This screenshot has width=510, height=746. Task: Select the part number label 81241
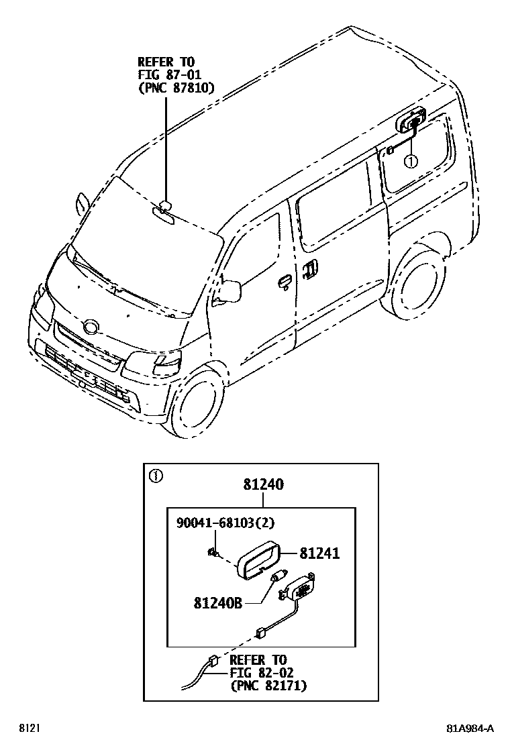click(x=319, y=553)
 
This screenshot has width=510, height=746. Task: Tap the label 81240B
click(x=218, y=602)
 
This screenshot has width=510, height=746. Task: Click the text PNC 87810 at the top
click(x=176, y=87)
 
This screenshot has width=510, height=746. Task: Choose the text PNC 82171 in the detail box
click(x=268, y=685)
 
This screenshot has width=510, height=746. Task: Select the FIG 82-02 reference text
click(x=262, y=672)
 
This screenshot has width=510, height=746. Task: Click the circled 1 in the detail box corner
click(x=156, y=477)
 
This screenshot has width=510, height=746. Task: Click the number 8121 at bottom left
click(x=28, y=728)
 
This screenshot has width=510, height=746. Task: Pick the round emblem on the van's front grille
click(x=89, y=327)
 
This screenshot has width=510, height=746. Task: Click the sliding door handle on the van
click(x=309, y=268)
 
